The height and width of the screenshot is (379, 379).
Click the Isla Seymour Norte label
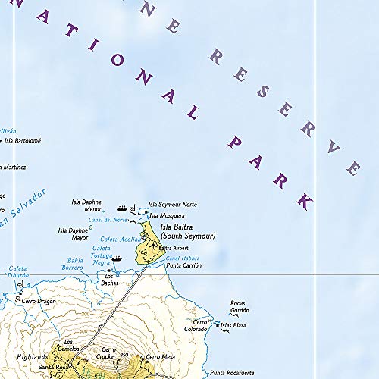tap(172, 204)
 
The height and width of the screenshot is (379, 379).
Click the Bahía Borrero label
tap(73, 265)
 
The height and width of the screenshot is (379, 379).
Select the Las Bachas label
tap(111, 279)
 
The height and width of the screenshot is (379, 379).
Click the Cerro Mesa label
tap(160, 356)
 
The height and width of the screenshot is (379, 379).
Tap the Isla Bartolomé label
tap(22, 140)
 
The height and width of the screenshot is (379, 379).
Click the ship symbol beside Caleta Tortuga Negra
tap(117, 258)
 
